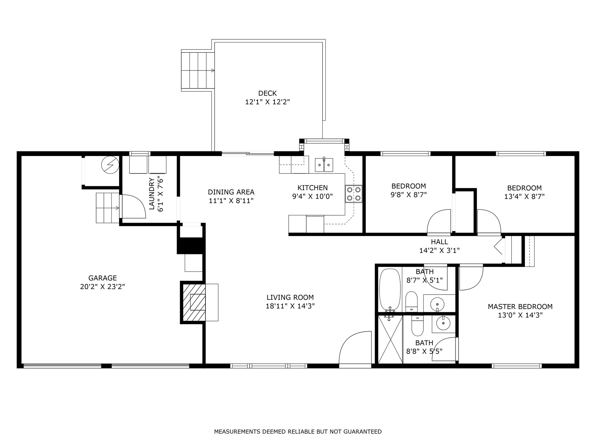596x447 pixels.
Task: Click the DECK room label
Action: coord(267,93)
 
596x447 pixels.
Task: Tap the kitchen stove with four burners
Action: coord(354,194)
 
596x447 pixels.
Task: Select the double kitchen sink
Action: coord(324,165)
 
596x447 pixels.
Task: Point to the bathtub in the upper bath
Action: coord(390,290)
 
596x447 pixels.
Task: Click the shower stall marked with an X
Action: coord(390,339)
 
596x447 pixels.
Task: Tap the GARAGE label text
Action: coord(102,278)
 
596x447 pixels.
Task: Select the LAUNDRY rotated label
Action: coord(152,194)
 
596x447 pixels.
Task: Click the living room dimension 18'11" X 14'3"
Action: coord(290,306)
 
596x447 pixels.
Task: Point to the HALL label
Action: coord(439,242)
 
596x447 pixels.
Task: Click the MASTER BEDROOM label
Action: coord(520,306)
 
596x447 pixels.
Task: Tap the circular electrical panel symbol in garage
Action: coord(110,165)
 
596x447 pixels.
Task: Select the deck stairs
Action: coord(198,71)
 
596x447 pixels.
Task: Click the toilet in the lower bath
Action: coord(417,326)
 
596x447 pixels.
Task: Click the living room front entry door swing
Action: coord(355,347)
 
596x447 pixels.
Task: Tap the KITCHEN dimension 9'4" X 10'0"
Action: coord(312,196)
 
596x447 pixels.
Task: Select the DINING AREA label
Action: coord(231,192)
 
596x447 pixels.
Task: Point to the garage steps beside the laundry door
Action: coord(108,208)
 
